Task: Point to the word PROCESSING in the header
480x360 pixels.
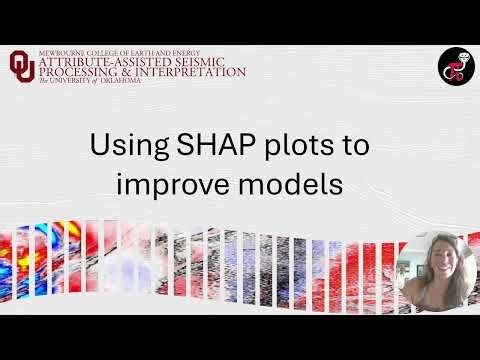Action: coord(79,73)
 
